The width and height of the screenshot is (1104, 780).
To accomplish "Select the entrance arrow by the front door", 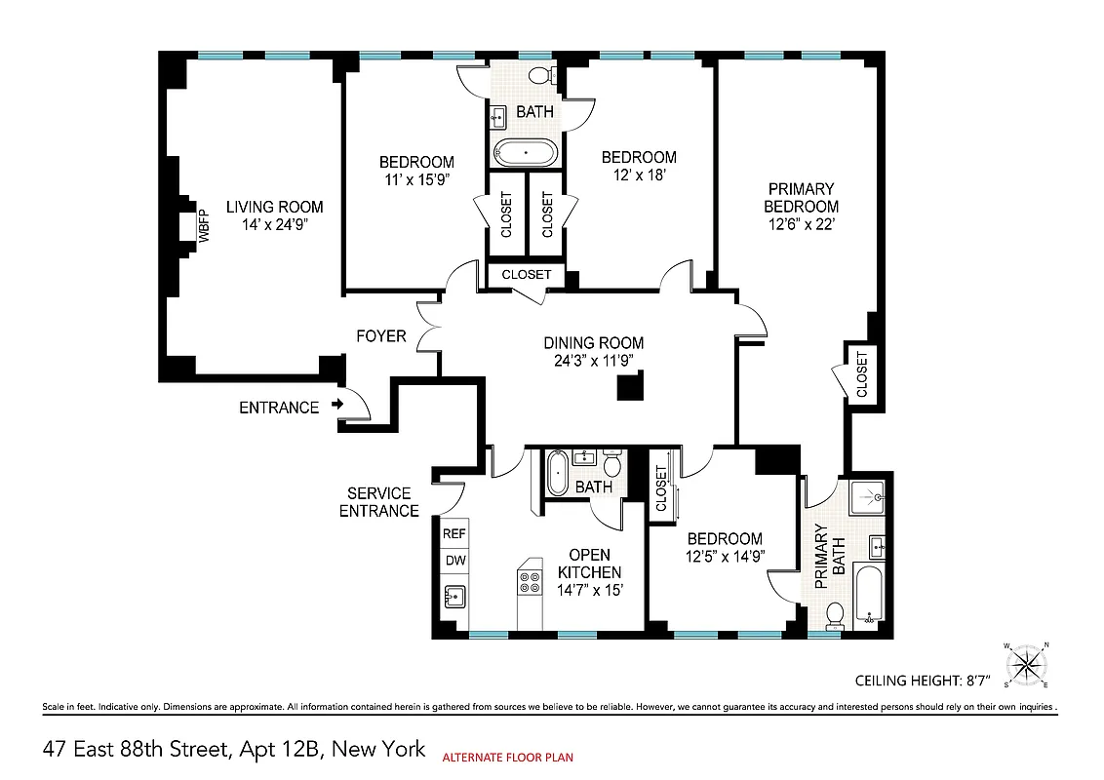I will coord(338,403).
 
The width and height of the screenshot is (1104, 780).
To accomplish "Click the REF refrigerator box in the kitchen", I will coord(454,534).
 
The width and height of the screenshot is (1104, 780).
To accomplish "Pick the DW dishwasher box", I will coord(454,561).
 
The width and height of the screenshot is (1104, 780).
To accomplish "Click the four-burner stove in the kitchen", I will coord(530,582).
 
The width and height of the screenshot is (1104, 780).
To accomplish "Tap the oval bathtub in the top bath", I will coord(526,153).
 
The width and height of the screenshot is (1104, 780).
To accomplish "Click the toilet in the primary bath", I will coord(835,614).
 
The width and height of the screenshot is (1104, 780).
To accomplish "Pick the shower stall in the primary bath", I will coord(866,498).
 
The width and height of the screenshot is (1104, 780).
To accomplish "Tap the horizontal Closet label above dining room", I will coord(527,275).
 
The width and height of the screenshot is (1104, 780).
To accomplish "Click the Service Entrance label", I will coord(378,502).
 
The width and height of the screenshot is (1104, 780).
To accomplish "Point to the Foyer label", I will coord(380,336).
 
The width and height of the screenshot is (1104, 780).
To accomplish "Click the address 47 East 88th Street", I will coord(234,749).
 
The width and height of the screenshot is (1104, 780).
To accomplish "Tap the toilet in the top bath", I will coord(539,76).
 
